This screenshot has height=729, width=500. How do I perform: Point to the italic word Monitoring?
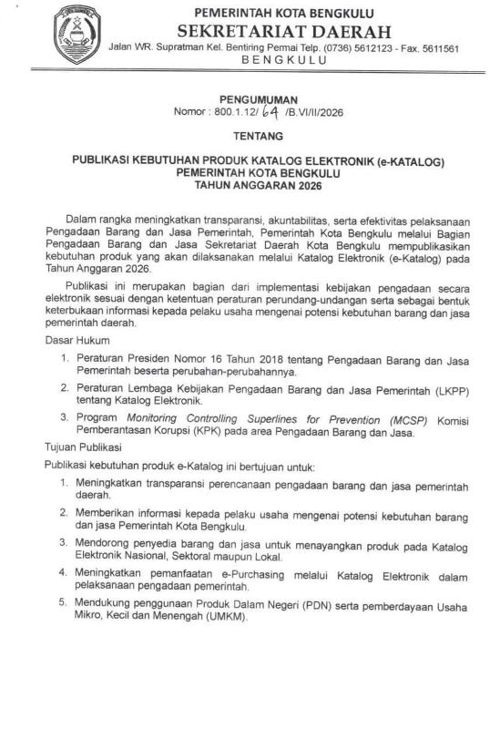pos(159,419)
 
